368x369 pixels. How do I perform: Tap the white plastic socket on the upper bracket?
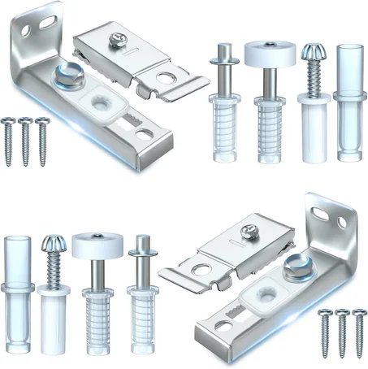104,104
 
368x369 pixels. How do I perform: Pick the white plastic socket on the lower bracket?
266,295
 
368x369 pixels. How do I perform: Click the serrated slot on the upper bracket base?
133,122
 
